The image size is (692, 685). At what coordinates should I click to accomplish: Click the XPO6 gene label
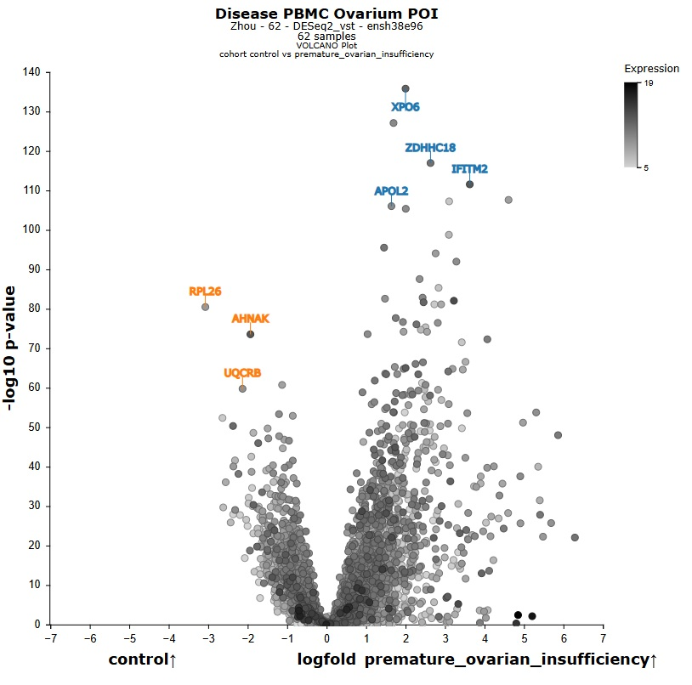click(x=405, y=107)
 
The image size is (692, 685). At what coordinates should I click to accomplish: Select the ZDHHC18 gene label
click(x=430, y=148)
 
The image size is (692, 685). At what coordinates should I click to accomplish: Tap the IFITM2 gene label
click(x=469, y=169)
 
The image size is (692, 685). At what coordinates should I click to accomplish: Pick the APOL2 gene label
click(x=391, y=191)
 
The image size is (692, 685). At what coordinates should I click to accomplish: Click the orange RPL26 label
click(x=205, y=292)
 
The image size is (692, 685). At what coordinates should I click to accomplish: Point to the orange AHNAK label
click(x=250, y=319)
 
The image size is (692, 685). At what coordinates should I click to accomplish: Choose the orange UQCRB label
click(x=242, y=373)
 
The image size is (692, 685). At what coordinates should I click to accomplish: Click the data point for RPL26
click(x=205, y=307)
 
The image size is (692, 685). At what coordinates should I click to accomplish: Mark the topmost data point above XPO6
click(x=406, y=88)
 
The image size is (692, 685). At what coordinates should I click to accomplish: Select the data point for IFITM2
click(x=469, y=184)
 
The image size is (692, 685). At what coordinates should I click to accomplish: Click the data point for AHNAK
click(x=250, y=334)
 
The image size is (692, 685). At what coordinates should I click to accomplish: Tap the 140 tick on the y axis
click(x=31, y=72)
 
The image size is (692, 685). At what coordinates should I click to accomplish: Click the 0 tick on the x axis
click(x=326, y=637)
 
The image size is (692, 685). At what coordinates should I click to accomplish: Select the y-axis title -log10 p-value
click(x=11, y=348)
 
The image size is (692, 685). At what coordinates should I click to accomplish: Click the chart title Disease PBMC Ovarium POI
click(x=326, y=14)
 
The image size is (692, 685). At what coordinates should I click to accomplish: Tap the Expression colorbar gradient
click(x=630, y=124)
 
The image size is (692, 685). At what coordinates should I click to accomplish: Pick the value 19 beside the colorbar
click(x=648, y=83)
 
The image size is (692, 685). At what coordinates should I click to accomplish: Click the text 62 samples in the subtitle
click(x=326, y=37)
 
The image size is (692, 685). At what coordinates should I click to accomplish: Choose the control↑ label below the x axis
click(x=142, y=660)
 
